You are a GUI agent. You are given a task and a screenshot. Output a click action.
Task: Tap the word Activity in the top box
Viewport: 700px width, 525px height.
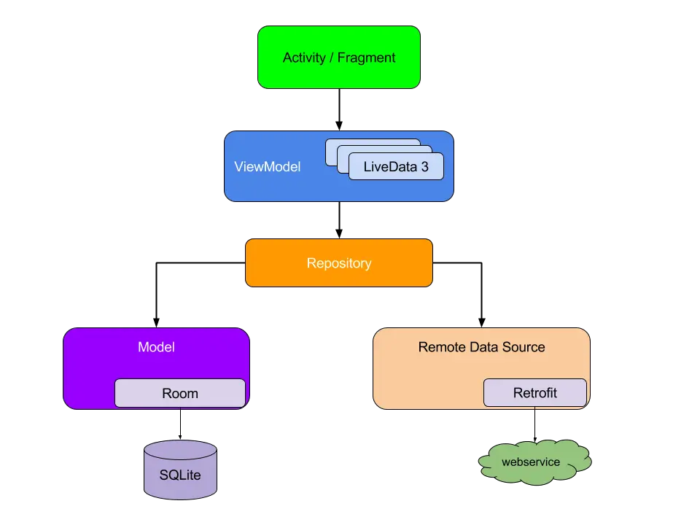coord(304,58)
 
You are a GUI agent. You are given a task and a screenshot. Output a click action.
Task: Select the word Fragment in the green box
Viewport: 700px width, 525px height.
coord(366,58)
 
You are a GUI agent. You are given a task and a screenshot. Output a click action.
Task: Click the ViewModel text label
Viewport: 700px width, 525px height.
coord(267,167)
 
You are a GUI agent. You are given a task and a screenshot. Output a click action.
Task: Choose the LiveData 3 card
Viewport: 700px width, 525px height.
coord(396,167)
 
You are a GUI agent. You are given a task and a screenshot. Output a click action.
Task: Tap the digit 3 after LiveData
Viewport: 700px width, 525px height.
coord(424,167)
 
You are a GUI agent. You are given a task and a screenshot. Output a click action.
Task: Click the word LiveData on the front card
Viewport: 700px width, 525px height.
coord(390,167)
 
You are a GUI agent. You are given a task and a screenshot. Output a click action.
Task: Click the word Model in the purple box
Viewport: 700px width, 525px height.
coord(156,347)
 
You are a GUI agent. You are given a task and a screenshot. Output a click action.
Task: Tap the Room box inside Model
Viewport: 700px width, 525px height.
coord(179,393)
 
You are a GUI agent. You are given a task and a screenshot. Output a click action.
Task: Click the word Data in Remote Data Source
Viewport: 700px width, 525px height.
coord(487,347)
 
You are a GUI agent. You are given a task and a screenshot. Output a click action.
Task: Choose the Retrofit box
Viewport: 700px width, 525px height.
coord(534,393)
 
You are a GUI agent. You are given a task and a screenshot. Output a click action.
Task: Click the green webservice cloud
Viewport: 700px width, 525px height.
coord(534,462)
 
